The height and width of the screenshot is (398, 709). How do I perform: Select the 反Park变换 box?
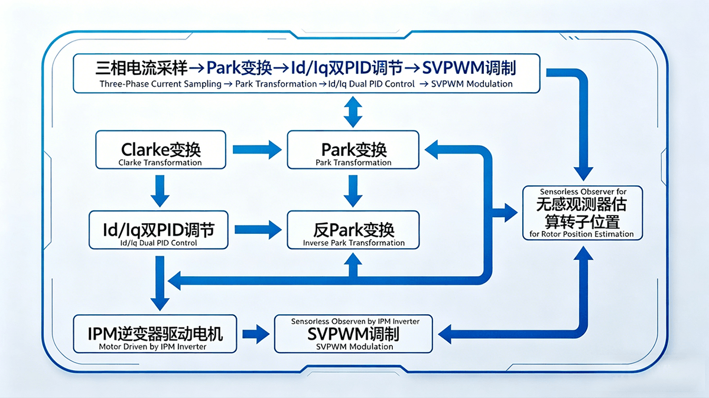pos(353,230)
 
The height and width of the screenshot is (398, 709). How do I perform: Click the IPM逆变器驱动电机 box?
pos(155,334)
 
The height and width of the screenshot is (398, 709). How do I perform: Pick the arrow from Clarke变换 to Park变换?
pos(258,150)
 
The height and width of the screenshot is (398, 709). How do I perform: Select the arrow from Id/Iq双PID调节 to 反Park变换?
pos(258,230)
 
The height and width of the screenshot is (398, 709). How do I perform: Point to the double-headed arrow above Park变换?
pos(353,112)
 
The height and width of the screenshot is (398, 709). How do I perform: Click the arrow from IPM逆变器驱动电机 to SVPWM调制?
pos(255,334)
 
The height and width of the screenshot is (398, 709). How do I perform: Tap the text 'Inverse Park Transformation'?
pos(353,243)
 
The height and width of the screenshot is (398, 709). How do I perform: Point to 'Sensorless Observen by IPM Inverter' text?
pos(355,321)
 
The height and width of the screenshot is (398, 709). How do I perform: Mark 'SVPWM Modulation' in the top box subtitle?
pos(471,84)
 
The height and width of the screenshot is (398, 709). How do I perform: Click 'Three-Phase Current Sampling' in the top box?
pos(157,84)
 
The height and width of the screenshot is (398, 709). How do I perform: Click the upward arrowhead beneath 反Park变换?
pos(353,262)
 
